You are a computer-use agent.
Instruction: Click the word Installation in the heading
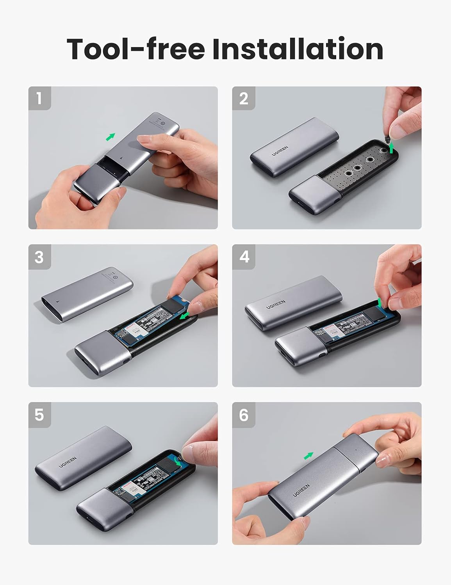click(x=298, y=49)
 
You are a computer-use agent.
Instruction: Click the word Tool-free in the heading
click(x=136, y=49)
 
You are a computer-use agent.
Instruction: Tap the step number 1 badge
click(x=39, y=98)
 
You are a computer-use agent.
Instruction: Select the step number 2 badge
click(x=243, y=98)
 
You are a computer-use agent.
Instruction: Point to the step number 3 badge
click(x=39, y=257)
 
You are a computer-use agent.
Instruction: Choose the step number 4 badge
click(x=244, y=257)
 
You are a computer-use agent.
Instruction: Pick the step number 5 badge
click(x=39, y=414)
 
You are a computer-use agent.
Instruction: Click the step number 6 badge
click(x=244, y=414)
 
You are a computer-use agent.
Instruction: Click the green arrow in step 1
click(x=111, y=137)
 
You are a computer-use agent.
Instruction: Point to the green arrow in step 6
click(x=308, y=456)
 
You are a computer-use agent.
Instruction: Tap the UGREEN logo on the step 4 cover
click(x=276, y=304)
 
